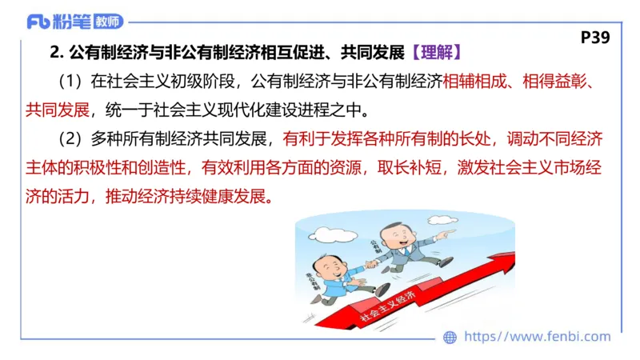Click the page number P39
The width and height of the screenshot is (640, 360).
pyautogui.click(x=595, y=37)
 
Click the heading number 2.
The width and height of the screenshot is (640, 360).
pyautogui.click(x=55, y=53)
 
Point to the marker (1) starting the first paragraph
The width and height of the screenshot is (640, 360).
pyautogui.click(x=71, y=81)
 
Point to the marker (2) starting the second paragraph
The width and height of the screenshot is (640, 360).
pyautogui.click(x=71, y=138)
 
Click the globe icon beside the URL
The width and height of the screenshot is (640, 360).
pyautogui.click(x=450, y=338)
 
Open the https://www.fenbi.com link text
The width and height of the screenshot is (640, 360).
pyautogui.click(x=537, y=337)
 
